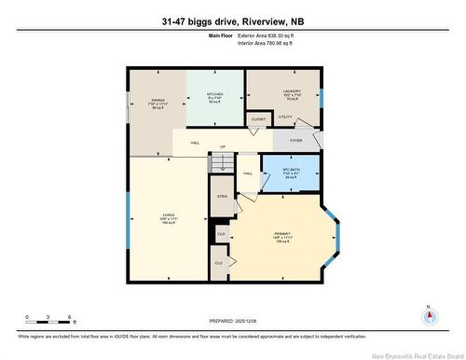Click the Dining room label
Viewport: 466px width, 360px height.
click(158, 101)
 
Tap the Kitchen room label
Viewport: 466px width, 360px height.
click(213, 92)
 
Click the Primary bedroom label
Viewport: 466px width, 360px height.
click(282, 234)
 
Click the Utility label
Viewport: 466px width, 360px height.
click(285, 118)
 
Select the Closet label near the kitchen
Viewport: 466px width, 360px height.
click(258, 119)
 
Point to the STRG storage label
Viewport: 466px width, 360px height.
click(222, 198)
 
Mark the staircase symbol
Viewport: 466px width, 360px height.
click(220, 164)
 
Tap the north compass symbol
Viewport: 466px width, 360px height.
click(428, 315)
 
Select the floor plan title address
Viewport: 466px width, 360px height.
click(232, 21)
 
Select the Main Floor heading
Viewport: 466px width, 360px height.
click(220, 35)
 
